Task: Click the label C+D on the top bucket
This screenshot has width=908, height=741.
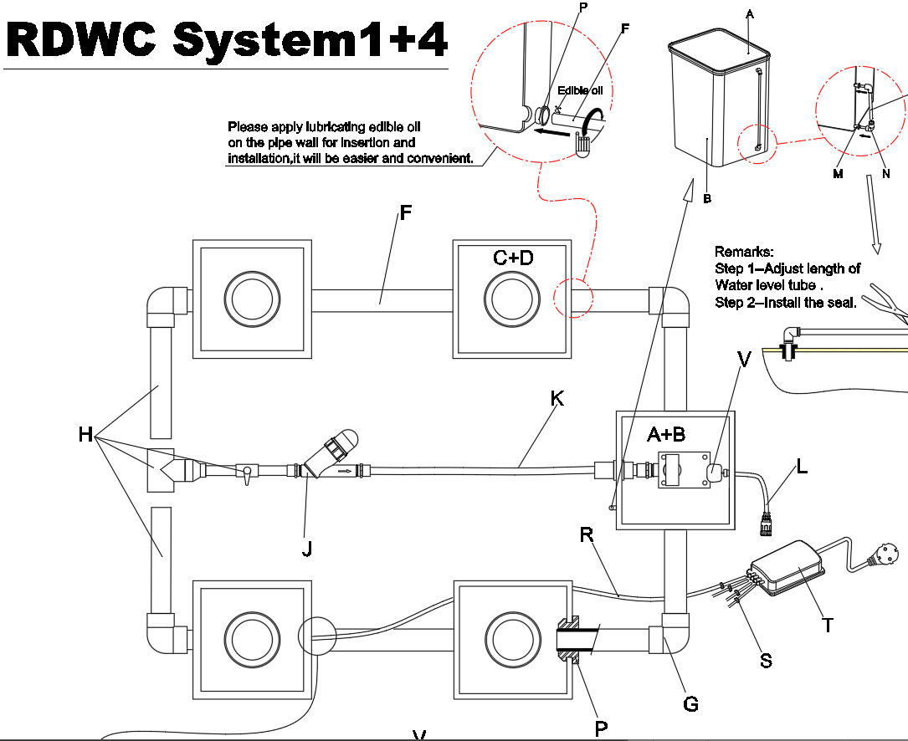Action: coord(513,258)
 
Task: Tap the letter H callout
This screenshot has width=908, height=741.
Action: coord(85,435)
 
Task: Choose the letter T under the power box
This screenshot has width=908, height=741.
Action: coord(828,624)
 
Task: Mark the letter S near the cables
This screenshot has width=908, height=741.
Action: coord(765,661)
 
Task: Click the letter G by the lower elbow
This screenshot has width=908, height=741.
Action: coord(690,703)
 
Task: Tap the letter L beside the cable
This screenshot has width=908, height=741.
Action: coord(802,467)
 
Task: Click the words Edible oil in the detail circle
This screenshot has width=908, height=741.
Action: coord(580,90)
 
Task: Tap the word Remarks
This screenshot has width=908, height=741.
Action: coord(744,252)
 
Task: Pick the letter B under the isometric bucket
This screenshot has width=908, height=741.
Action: coord(707,199)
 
